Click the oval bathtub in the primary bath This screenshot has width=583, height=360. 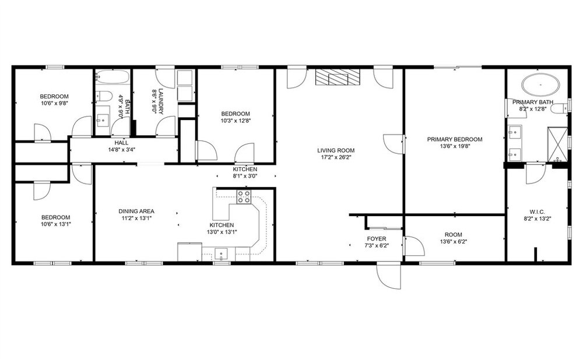click(540, 84)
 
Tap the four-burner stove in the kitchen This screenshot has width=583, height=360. click(244, 196)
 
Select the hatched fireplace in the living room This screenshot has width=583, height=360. click(338, 77)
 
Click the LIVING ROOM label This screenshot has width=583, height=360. click(336, 150)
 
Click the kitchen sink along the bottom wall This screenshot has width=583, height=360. click(222, 255)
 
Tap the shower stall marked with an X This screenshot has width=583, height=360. click(557, 145)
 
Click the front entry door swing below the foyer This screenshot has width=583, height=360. click(389, 276)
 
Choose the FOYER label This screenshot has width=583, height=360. click(376, 238)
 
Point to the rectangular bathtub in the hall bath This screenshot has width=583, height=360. click(113, 77)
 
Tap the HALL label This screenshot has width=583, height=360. click(121, 143)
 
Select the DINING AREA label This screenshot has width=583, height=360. click(136, 211)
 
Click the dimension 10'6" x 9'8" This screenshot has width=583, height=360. click(54, 103)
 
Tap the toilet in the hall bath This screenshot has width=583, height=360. click(104, 96)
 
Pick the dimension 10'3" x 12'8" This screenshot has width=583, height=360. click(236, 121)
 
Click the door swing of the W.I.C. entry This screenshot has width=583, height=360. click(535, 174)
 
